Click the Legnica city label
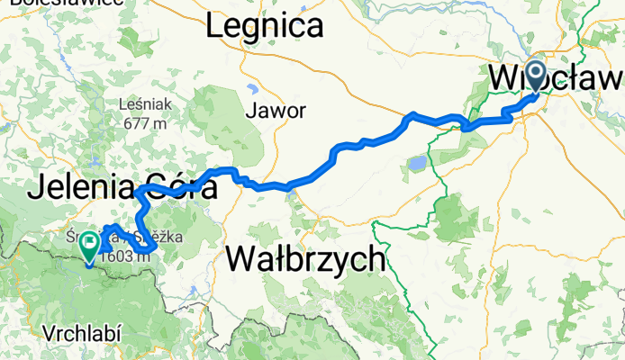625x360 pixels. click(x=263, y=26)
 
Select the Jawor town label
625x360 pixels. click(x=276, y=111)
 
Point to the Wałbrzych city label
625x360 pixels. click(x=307, y=261)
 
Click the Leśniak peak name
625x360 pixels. click(x=142, y=104)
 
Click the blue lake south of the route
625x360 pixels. click(x=417, y=164)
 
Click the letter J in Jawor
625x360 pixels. click(x=249, y=112)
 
